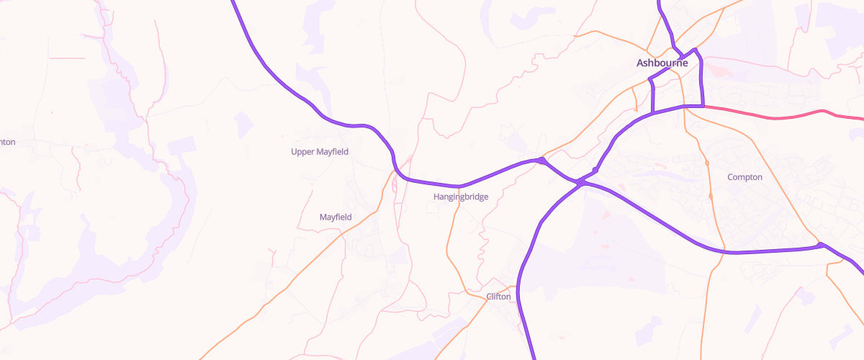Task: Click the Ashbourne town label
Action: tap(662, 63)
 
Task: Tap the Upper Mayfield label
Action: tap(319, 151)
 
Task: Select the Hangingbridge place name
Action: tap(461, 197)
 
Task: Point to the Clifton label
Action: tap(498, 297)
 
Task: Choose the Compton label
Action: tap(744, 177)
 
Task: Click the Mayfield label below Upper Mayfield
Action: tap(336, 217)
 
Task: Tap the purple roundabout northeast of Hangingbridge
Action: tap(540, 161)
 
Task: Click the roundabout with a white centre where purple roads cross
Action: tap(580, 182)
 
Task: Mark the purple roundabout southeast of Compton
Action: tap(820, 246)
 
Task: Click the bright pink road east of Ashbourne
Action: tap(770, 117)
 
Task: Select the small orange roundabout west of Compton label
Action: tap(706, 163)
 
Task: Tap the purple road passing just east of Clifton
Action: tap(521, 288)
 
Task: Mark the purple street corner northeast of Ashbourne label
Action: tap(695, 50)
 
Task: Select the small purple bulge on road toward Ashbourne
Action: tap(594, 170)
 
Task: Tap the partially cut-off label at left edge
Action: tap(7, 142)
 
